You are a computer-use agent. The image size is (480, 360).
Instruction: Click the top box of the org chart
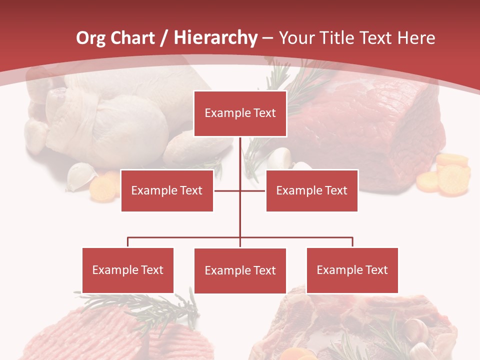click(240, 113)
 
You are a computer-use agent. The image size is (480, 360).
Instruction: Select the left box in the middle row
click(167, 190)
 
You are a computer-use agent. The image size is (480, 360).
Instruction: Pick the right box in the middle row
click(311, 190)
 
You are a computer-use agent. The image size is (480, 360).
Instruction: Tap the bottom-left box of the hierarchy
click(128, 270)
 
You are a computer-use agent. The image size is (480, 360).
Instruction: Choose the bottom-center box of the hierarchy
click(240, 270)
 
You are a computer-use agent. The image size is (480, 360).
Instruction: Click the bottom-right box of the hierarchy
click(352, 270)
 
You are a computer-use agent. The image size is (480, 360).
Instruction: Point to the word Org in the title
click(90, 38)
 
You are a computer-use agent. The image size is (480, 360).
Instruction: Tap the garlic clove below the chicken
click(81, 176)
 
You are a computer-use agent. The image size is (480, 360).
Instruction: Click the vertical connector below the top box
click(240, 155)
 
